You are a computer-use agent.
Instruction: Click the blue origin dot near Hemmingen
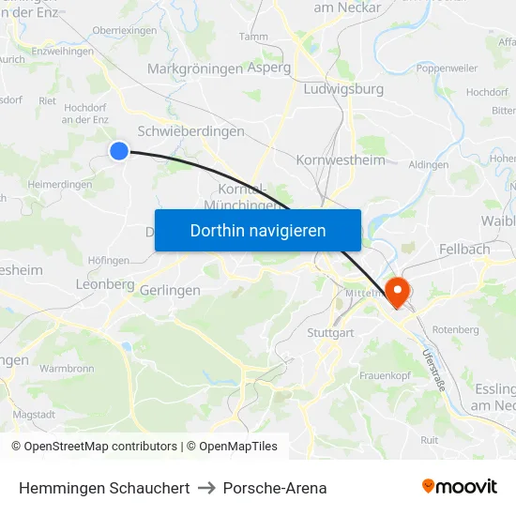pyautogui.click(x=119, y=150)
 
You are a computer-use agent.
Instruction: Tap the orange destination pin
pyautogui.click(x=398, y=291)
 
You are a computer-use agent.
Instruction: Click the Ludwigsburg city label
pyautogui.click(x=343, y=89)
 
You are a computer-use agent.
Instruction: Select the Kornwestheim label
pyautogui.click(x=341, y=159)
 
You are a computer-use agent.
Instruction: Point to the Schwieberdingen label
pyautogui.click(x=190, y=131)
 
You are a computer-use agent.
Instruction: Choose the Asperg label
pyautogui.click(x=268, y=68)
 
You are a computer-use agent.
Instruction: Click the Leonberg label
pyautogui.click(x=105, y=284)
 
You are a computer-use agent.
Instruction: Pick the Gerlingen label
pyautogui.click(x=170, y=291)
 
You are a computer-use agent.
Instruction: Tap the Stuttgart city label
pyautogui.click(x=329, y=332)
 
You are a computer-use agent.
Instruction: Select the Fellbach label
pyautogui.click(x=464, y=250)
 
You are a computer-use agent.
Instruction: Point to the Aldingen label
pyautogui.click(x=429, y=164)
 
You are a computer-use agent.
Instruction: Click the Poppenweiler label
pyautogui.click(x=448, y=68)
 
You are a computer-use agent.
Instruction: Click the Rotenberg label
pyautogui.click(x=457, y=329)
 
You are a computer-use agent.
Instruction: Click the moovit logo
pyautogui.click(x=459, y=487)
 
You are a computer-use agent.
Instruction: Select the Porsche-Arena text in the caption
pyautogui.click(x=275, y=488)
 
